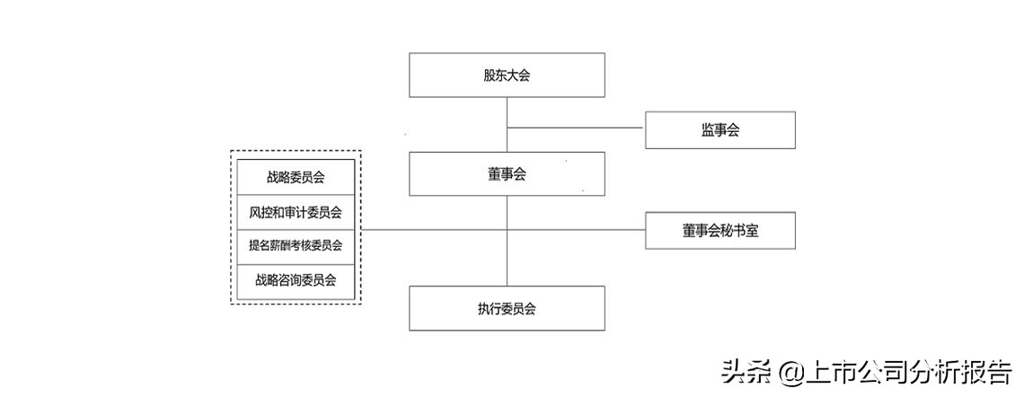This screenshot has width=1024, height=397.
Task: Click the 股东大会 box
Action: [x=507, y=75]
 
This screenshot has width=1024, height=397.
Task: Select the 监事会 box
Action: [x=720, y=130]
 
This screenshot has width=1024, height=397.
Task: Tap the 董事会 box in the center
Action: [x=507, y=174]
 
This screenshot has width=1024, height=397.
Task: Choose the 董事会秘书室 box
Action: [x=720, y=231]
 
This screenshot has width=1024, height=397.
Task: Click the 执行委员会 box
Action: [x=507, y=308]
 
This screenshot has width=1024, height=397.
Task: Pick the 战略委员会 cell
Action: [x=296, y=177]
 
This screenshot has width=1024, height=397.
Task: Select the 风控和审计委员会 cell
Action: [x=296, y=213]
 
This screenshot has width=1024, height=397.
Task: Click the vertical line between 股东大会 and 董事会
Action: [x=507, y=112]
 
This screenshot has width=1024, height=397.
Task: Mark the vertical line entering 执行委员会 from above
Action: [x=507, y=260]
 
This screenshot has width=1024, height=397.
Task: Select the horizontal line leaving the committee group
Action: [x=431, y=230]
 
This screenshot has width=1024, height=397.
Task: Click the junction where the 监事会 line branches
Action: [x=507, y=128]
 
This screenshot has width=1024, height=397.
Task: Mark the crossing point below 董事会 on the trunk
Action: [x=507, y=230]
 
